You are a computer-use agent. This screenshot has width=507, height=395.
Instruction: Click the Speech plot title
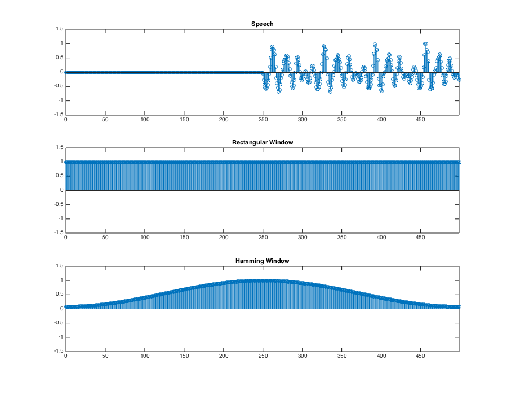coord(263,24)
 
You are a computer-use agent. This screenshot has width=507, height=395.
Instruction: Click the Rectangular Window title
coord(263,142)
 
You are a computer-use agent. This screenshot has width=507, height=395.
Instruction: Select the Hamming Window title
coord(263,261)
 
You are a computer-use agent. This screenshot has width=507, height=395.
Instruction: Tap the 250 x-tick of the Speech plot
coord(263,120)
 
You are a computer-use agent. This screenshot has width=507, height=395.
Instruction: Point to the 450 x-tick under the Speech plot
coord(420,120)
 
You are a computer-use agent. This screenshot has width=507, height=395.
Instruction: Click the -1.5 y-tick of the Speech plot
coord(59,114)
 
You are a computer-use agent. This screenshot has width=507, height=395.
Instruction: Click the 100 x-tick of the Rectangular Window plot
coord(145,238)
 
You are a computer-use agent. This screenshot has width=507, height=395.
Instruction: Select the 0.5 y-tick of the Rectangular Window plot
coord(60,176)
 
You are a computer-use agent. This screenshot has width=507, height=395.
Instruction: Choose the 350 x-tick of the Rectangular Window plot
coord(341,238)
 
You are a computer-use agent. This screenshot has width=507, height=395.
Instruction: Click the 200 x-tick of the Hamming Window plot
coord(224,357)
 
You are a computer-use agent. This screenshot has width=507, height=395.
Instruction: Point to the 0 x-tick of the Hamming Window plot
coord(66,357)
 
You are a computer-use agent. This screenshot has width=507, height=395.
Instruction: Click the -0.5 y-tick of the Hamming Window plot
coord(59,323)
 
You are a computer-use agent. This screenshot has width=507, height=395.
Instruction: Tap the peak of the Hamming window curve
coord(263,280)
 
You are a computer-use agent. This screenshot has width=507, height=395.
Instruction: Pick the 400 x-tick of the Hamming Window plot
coord(381,357)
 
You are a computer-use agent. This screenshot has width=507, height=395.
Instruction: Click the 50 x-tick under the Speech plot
coord(105,120)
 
